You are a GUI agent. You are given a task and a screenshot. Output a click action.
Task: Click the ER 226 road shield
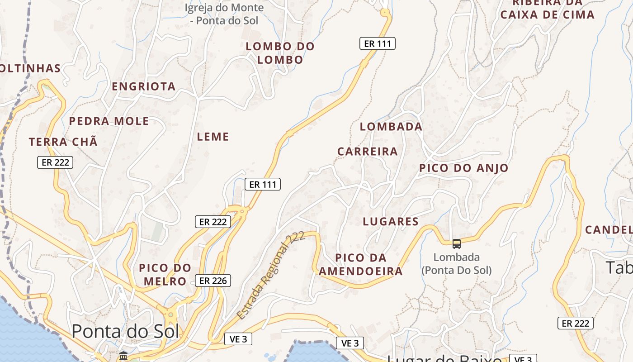tap(213, 281)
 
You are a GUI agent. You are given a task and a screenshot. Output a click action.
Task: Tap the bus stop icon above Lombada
tap(457, 244)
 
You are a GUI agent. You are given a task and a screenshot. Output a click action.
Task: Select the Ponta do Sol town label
tap(125, 331)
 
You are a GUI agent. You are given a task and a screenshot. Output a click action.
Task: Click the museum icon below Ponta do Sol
tap(123, 357)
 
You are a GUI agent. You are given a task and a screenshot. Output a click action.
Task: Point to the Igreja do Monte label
tap(225, 14)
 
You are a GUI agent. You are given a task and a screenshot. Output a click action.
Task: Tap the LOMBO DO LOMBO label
tap(280, 53)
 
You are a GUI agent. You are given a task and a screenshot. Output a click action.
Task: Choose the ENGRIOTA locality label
tap(143, 86)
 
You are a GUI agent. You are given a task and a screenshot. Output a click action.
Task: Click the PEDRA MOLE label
tap(109, 121)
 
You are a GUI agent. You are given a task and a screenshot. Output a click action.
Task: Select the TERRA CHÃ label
tap(63, 142)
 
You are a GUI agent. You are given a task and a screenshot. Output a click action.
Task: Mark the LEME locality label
tap(213, 137)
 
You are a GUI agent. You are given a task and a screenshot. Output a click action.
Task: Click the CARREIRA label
tap(368, 152)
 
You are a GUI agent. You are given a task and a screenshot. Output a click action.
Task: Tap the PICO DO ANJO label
tap(464, 168)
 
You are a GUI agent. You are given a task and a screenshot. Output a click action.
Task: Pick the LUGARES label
tap(391, 222)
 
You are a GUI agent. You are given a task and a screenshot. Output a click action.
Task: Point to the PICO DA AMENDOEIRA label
tap(361, 265)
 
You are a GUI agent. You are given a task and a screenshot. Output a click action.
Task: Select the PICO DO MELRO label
tap(165, 275)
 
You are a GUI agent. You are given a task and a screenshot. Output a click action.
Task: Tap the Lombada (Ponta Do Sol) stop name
tap(457, 264)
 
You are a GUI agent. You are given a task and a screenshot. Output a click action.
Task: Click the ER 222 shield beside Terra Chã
tap(55, 162)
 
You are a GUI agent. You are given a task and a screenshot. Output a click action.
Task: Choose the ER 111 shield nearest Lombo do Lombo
tap(378, 44)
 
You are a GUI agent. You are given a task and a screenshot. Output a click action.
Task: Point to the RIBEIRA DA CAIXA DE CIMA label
tap(547, 9)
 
